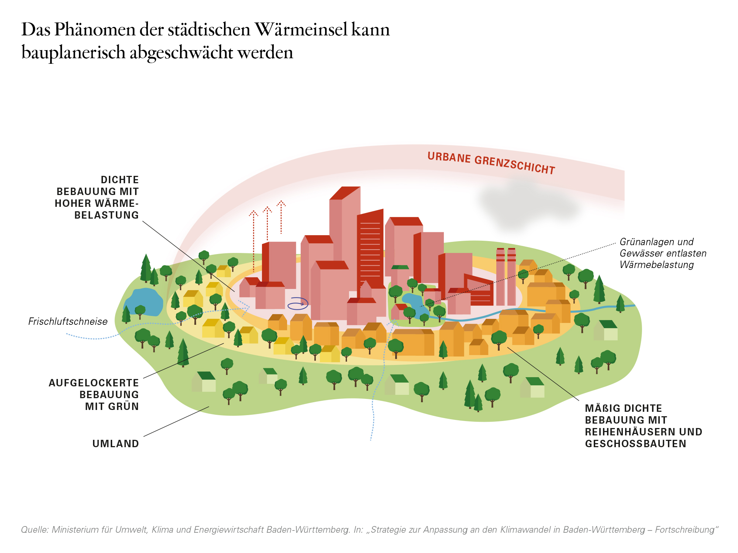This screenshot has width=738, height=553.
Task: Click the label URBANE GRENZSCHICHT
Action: pyautogui.click(x=491, y=163)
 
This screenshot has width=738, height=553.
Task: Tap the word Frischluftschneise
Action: pyautogui.click(x=68, y=321)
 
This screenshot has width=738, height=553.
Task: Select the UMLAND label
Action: pyautogui.click(x=115, y=444)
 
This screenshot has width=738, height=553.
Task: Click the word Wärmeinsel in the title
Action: pyautogui.click(x=301, y=29)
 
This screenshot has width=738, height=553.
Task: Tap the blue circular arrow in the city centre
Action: pyautogui.click(x=298, y=303)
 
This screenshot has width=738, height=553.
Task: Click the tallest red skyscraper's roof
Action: pyautogui.click(x=345, y=193)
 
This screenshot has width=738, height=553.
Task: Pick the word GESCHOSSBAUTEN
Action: pyautogui.click(x=635, y=444)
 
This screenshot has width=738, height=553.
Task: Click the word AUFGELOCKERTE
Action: pyautogui.click(x=94, y=383)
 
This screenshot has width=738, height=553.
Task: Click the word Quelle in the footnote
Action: pyautogui.click(x=35, y=530)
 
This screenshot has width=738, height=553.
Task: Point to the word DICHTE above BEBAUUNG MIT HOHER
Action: pyautogui.click(x=120, y=180)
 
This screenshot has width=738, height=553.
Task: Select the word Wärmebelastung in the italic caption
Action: pyautogui.click(x=657, y=265)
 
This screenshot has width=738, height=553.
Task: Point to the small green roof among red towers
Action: pyautogui.click(x=400, y=267)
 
